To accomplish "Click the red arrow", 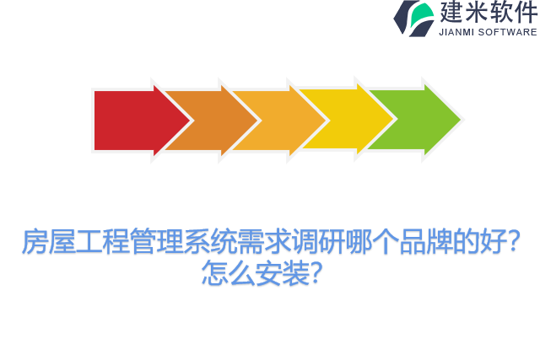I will (x=127, y=121).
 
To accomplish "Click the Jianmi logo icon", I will (x=413, y=18).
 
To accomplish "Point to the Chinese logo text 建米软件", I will (x=488, y=12).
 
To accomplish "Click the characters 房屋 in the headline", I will (x=48, y=243).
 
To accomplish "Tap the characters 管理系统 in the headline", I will (x=183, y=243).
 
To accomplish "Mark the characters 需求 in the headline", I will (x=264, y=243).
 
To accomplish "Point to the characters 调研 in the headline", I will (x=318, y=243).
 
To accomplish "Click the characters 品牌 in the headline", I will (x=426, y=243).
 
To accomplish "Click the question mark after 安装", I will (x=316, y=273).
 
